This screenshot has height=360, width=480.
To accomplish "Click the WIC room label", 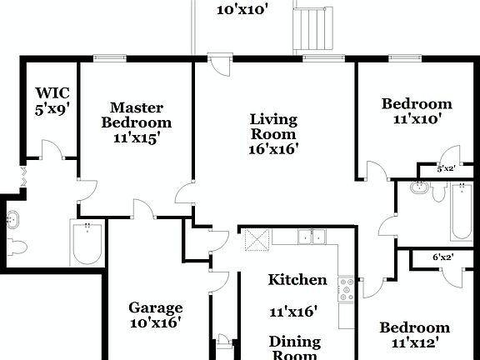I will point(50,92).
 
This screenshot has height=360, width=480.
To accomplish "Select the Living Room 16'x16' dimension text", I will point(273,149).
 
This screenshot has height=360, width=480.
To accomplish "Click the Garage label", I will point(155,308).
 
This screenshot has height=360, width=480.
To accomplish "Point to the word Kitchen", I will point(297,280).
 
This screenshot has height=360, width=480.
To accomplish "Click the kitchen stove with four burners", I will point(346,289).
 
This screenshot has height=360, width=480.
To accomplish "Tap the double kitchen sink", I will point(312,237).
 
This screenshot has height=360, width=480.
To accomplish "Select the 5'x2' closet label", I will point(447,169).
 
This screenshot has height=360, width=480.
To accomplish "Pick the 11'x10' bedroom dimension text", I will point(417,120).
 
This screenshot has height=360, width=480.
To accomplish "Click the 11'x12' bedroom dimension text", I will point(415,342).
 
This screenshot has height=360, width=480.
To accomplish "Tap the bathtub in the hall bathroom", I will point(460,212).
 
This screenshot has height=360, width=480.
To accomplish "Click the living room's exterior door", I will point(221,66).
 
